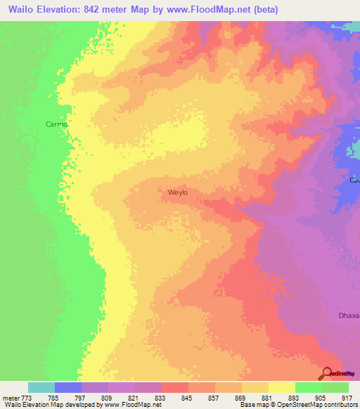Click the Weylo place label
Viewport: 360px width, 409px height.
178,191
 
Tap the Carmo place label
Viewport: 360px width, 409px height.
56,124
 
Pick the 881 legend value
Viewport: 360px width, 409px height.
266,397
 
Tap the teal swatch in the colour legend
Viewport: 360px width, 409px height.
41,387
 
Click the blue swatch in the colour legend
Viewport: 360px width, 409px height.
67,387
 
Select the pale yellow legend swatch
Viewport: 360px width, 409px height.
281,387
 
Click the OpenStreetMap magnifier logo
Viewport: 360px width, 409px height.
326,372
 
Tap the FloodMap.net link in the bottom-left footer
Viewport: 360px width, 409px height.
133,405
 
